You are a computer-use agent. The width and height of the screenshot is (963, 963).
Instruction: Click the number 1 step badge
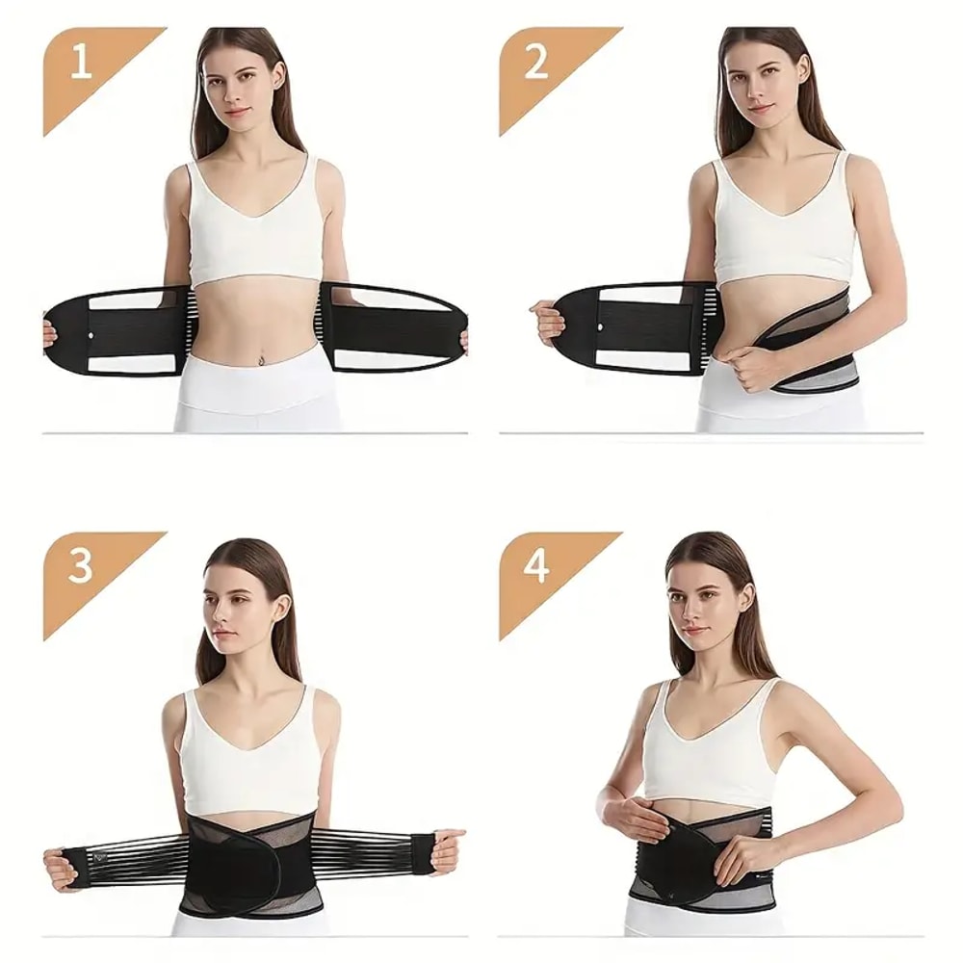click(x=83, y=64)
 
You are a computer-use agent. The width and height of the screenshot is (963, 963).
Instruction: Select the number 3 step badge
click(x=81, y=567)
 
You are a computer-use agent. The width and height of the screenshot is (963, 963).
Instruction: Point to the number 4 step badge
click(x=536, y=567)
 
